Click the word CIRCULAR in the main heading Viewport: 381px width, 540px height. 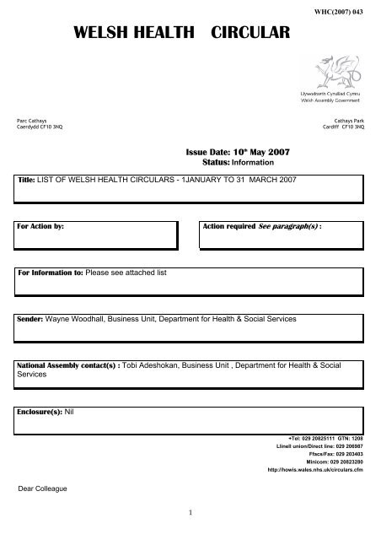(245, 33)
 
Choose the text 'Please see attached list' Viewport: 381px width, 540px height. (123, 273)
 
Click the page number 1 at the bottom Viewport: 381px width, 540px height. (190, 509)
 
